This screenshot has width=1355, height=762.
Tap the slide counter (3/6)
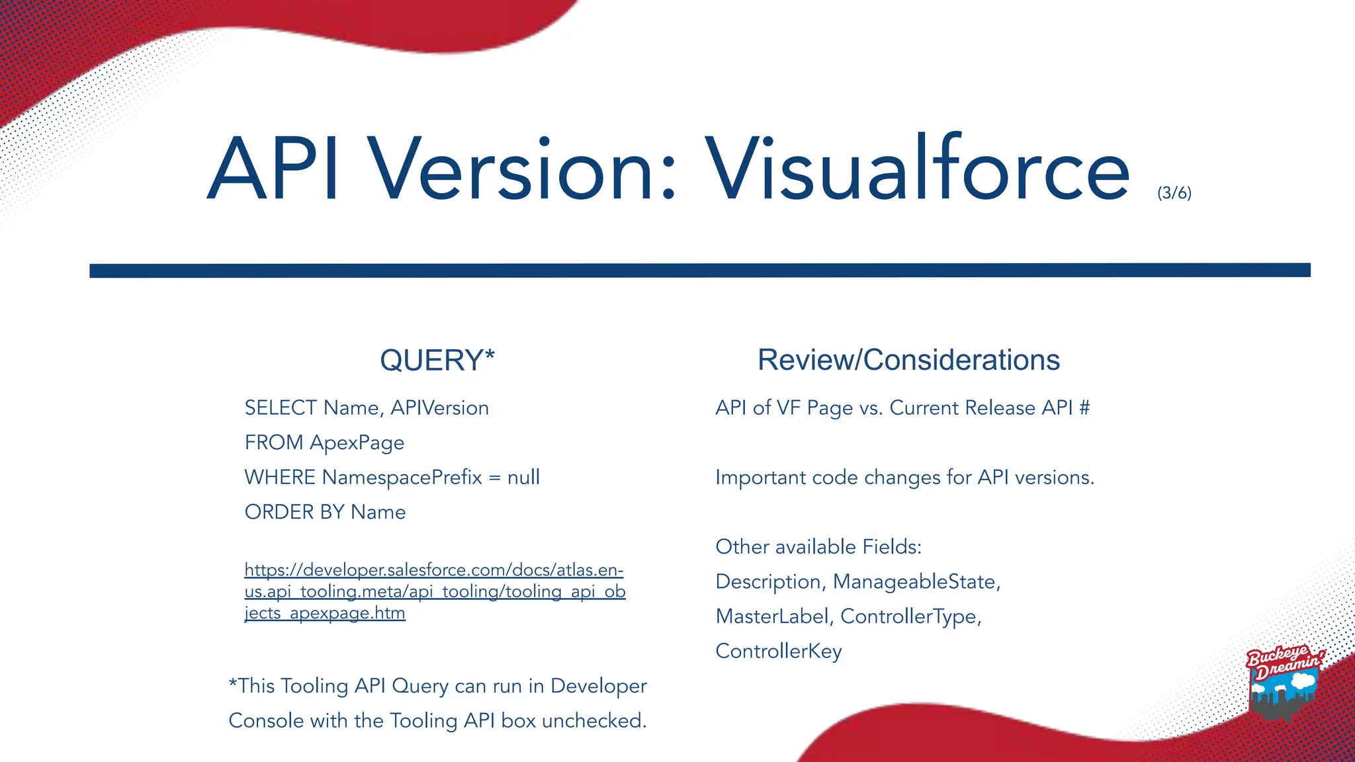1174,193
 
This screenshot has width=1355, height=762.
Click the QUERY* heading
437,360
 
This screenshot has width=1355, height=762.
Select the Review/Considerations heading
908,360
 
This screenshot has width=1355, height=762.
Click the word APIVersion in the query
439,408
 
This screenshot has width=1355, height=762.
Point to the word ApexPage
357,443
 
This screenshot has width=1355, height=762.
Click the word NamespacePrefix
402,478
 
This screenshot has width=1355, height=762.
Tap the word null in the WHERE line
523,478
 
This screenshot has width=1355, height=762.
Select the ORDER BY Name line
325,512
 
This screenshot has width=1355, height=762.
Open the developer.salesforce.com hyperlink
434,591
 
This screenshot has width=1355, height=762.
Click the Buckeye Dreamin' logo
1284,681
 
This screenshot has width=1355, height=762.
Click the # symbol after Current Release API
1084,408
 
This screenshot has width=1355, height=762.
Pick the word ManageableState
916,582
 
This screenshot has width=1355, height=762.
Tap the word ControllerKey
779,652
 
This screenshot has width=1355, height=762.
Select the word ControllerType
909,616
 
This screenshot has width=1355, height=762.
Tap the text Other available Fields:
818,547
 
